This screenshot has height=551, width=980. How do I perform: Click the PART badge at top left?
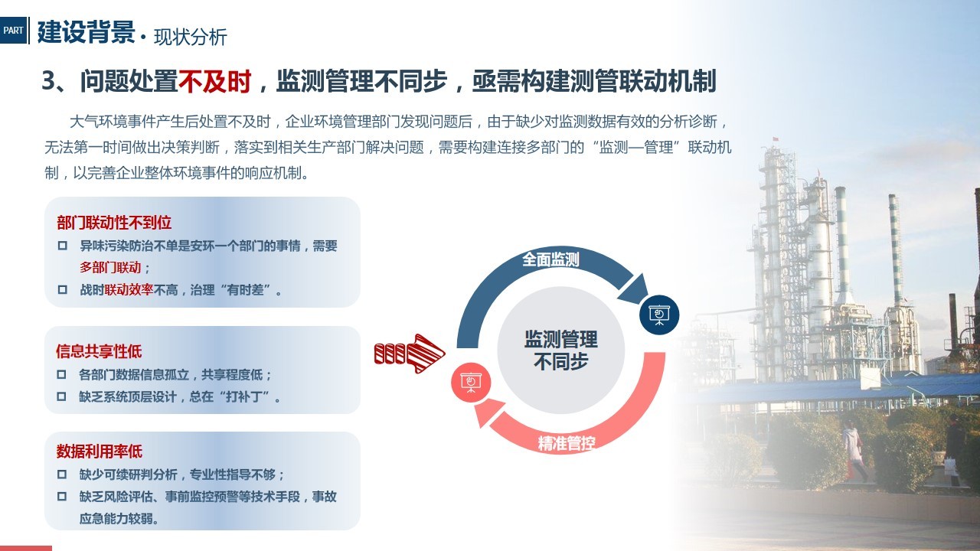pos(13,30)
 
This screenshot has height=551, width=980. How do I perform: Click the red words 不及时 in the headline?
pos(214,81)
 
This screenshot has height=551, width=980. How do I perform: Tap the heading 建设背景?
pos(87,32)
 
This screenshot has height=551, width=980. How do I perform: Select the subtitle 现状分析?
pos(191,37)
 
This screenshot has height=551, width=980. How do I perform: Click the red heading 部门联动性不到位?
pos(114,223)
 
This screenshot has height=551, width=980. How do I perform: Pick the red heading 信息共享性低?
pos(99,351)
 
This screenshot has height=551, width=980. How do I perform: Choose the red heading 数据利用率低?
pos(100,451)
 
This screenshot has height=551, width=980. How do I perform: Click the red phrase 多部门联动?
pos(110,267)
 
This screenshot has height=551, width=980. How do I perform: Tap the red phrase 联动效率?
pos(129,289)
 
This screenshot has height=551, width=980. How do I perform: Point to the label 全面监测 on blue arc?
pos(550,259)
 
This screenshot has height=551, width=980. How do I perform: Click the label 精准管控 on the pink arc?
pos(566,443)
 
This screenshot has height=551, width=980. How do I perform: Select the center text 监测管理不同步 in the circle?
pos(561,350)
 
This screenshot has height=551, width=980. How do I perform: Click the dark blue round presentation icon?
pos(659,315)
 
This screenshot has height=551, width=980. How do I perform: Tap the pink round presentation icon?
pos(471,382)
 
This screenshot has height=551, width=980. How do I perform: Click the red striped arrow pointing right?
pos(410,354)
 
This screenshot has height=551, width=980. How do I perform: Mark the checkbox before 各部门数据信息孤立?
pos(62,374)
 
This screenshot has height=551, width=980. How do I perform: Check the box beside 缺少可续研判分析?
pos(62,474)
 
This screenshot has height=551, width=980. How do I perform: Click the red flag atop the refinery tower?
pos(776,139)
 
